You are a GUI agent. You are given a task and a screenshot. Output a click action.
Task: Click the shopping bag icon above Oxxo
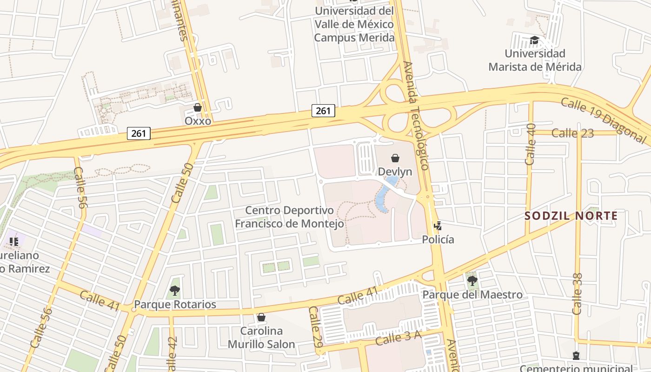coord(198,107)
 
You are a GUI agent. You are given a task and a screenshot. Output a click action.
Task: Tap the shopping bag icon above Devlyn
coord(395,158)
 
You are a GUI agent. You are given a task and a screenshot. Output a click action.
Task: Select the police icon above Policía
coord(438,226)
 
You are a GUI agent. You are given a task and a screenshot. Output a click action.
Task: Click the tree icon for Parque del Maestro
coord(472,280)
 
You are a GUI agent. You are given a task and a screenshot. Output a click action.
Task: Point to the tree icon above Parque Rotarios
coord(175,291)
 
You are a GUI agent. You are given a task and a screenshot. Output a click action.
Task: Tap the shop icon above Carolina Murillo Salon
coord(261,317)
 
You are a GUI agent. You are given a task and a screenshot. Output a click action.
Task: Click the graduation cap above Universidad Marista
coord(534,40)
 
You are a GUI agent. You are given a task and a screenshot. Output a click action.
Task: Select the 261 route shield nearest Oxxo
coord(139,133)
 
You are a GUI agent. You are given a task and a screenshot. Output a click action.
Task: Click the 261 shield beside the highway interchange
coord(323,111)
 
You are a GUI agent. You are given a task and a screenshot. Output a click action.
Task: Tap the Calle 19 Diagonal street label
coord(603,120)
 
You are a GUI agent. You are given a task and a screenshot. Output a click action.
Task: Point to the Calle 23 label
coord(572,133)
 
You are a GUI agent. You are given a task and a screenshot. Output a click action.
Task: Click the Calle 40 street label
coord(531,144)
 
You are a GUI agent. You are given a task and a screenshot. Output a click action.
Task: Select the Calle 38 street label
coord(578,294)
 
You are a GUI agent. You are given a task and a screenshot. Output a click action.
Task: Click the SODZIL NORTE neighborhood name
coord(571,216)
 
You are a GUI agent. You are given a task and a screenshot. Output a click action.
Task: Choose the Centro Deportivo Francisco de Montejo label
coord(289,217)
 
